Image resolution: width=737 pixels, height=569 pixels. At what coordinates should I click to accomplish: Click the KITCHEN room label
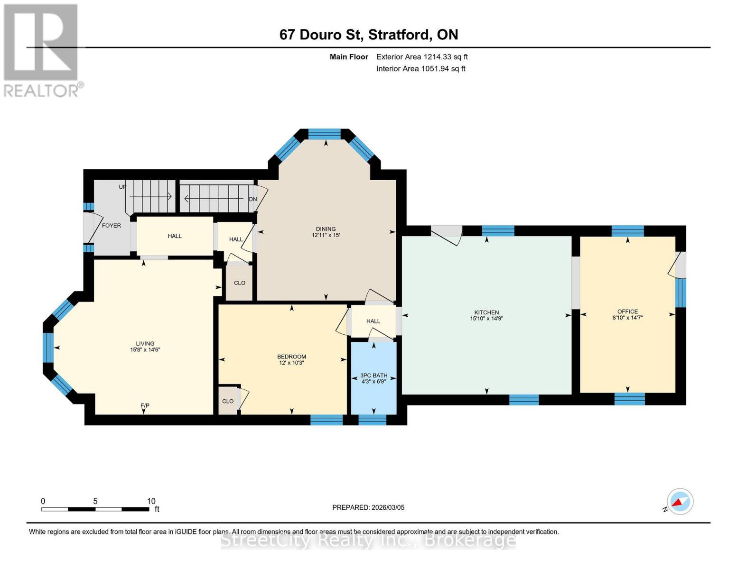[486, 312]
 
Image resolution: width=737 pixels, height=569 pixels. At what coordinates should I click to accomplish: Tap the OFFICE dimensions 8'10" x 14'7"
[627, 318]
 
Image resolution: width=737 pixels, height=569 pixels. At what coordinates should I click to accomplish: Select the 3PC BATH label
[374, 376]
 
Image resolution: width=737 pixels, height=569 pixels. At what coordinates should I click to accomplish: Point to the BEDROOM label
[291, 357]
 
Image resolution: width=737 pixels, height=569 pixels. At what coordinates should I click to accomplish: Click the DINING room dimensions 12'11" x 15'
[326, 235]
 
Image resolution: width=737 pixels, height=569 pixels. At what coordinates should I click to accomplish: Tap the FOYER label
[112, 226]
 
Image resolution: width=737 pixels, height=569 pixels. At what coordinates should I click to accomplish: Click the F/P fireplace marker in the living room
[145, 405]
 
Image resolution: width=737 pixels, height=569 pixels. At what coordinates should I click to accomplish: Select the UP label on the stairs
[122, 187]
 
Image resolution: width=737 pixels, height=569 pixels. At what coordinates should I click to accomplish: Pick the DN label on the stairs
[253, 199]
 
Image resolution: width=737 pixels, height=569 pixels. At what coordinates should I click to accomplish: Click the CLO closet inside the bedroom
[228, 401]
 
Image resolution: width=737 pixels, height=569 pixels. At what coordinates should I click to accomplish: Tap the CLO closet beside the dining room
[240, 283]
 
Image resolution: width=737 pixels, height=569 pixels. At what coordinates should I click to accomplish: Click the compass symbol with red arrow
[680, 502]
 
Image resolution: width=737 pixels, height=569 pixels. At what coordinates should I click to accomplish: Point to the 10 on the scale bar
[151, 501]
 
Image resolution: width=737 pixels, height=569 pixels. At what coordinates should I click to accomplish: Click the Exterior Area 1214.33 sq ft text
[422, 57]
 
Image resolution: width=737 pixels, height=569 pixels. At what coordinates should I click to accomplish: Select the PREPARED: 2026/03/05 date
[368, 507]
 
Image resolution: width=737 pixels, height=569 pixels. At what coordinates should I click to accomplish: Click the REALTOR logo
[42, 50]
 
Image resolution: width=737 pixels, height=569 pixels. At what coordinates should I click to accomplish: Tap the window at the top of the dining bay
[325, 134]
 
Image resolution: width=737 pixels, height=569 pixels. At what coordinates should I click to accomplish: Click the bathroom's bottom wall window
[373, 420]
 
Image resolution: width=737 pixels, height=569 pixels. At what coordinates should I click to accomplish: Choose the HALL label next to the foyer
[175, 236]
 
